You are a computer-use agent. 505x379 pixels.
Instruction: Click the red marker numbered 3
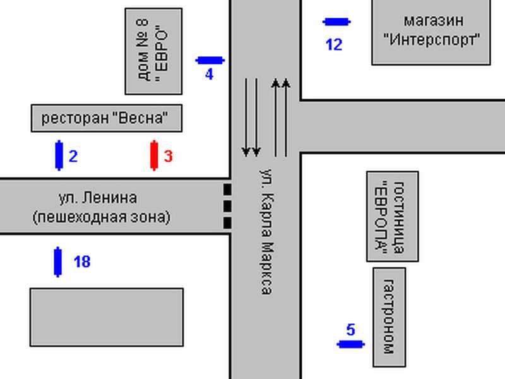[x=154, y=155]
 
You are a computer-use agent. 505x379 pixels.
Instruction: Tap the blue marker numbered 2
[x=59, y=155]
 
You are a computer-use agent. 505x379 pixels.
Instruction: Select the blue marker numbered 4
[x=210, y=60]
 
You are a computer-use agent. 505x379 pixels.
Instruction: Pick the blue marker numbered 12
[x=336, y=22]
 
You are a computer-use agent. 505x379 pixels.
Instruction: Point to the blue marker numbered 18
[x=57, y=262]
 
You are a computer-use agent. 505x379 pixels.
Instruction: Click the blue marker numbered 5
[x=351, y=344]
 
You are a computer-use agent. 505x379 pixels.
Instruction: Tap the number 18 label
[x=82, y=262]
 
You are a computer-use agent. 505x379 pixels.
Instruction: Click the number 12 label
[x=334, y=45]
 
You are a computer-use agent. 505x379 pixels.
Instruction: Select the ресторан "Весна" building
[x=107, y=118]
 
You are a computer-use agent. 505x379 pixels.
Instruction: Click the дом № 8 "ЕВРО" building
[x=153, y=52]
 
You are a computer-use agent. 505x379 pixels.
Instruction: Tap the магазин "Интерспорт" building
[x=431, y=32]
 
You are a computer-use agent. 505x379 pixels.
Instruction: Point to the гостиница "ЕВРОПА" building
[x=393, y=216]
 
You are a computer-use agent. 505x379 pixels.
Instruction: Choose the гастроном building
[x=389, y=317]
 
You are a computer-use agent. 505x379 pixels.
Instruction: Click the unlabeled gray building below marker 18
[x=107, y=318]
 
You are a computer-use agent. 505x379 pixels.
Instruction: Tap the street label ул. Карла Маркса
[x=267, y=231]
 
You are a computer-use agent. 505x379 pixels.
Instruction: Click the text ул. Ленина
[x=98, y=198]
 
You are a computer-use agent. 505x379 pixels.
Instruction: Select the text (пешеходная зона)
[x=102, y=217]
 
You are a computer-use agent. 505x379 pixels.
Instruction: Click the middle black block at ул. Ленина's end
[x=227, y=207]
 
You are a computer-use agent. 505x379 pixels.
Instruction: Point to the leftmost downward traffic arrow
[x=246, y=117]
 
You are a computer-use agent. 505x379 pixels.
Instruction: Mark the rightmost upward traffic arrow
[x=286, y=117]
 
